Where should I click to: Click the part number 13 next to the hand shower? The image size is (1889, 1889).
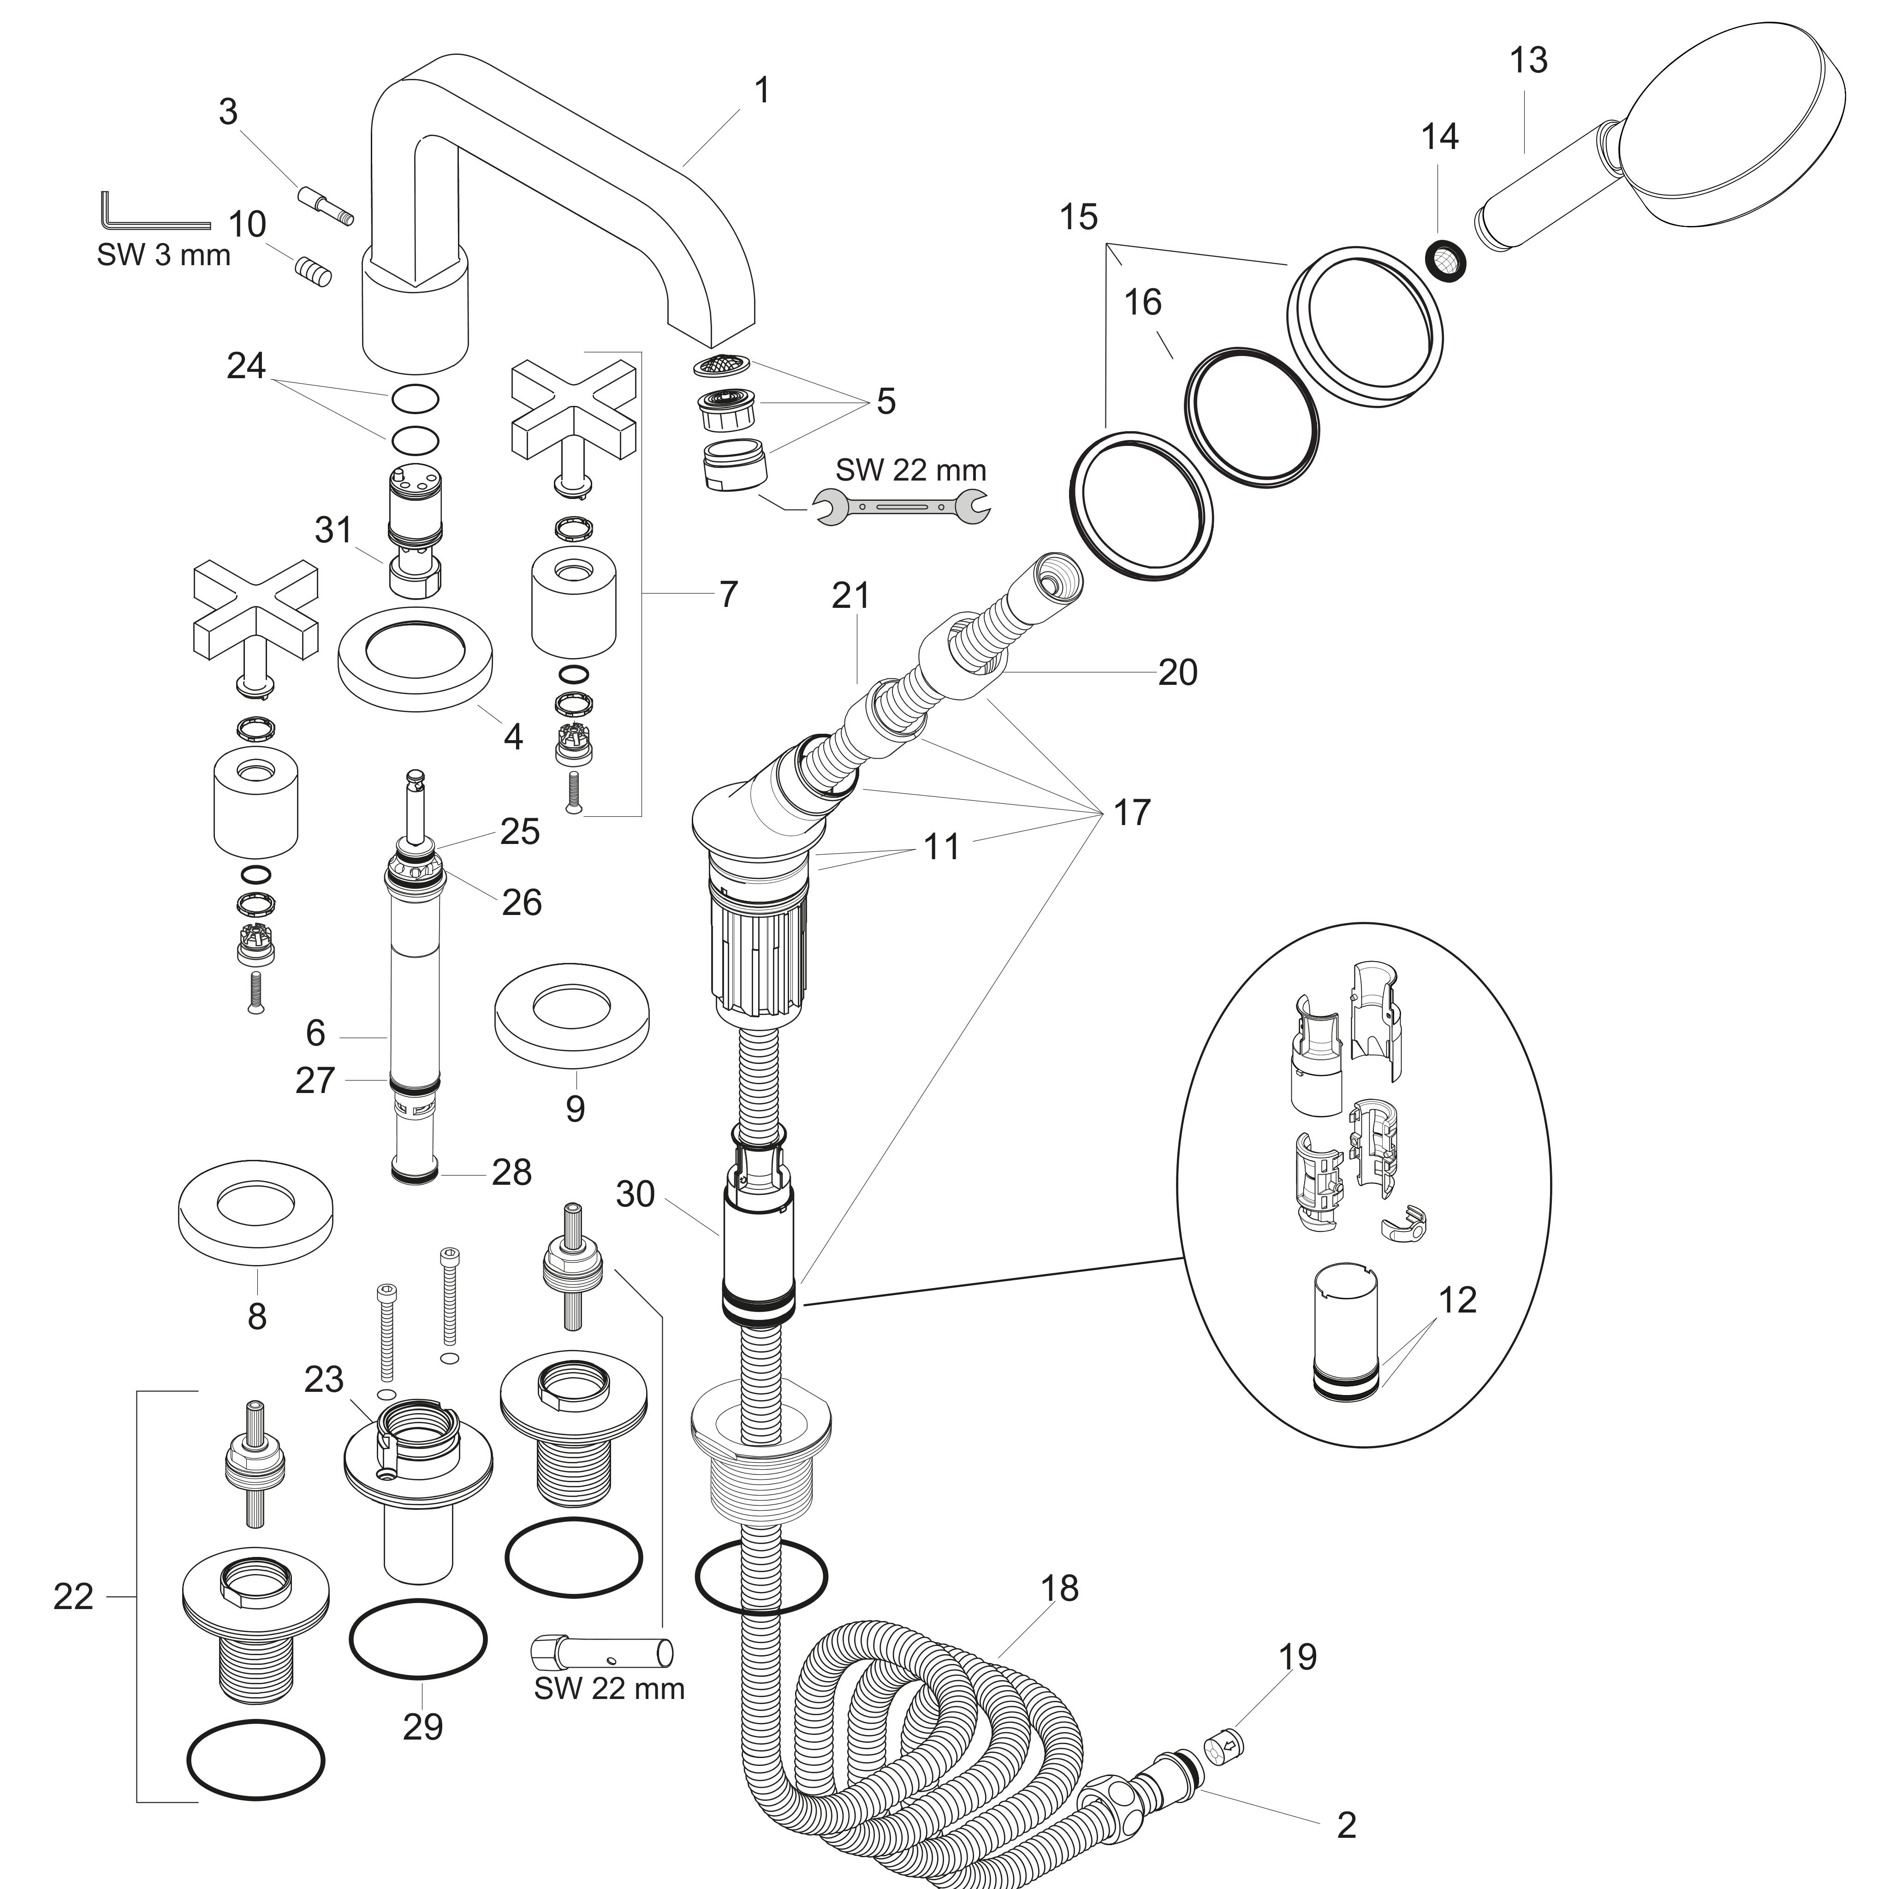(1528, 60)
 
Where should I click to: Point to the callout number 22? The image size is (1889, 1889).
(72, 1597)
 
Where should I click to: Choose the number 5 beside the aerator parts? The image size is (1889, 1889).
(886, 401)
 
